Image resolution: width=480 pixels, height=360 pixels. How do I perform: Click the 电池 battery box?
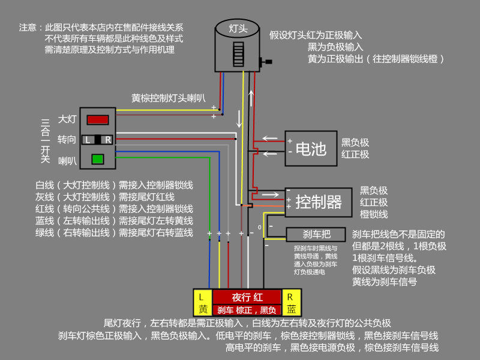click(310, 148)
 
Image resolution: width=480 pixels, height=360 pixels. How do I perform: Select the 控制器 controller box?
click(318, 202)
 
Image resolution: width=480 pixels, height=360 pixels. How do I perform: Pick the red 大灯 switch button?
click(98, 119)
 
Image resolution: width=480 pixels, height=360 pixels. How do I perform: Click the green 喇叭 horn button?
click(97, 159)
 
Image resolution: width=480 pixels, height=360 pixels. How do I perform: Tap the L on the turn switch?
click(88, 140)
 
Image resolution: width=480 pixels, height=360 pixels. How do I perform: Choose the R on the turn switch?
click(107, 140)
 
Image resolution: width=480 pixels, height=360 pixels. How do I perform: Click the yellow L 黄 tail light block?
click(202, 303)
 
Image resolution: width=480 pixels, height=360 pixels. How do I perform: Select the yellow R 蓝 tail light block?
click(290, 303)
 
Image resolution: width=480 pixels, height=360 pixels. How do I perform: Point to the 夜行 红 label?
click(247, 297)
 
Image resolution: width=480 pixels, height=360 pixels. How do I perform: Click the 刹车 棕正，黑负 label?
click(247, 310)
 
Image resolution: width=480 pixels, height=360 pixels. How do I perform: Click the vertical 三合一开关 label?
click(45, 141)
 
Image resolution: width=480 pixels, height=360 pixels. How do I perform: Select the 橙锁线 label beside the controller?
click(373, 214)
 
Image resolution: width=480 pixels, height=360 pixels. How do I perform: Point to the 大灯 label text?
click(67, 119)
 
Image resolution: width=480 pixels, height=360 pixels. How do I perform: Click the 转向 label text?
click(67, 140)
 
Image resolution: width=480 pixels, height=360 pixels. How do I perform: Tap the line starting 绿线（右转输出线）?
click(114, 232)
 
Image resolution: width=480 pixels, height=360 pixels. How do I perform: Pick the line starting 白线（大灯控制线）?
click(114, 185)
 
